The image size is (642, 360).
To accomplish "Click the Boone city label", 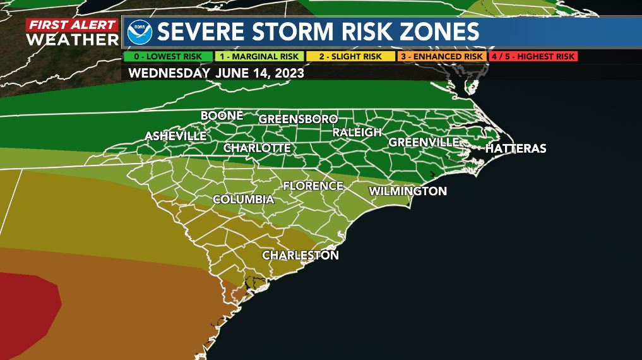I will point(222,116).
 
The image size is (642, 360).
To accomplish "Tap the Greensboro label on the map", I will point(298,119).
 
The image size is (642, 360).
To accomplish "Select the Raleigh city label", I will point(357,133).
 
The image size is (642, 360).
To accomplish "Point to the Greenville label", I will point(424,142).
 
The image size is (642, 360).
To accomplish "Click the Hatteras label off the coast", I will point(515,149).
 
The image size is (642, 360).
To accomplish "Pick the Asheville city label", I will point(175,136).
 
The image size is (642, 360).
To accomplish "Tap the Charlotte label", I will point(257,148).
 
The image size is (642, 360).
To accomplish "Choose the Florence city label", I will point(312,186).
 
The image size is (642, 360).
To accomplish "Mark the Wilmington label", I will point(408,191).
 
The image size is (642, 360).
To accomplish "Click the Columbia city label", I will point(243,200).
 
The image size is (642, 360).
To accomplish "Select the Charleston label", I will point(300,255).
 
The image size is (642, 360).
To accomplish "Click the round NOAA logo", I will point(140,32).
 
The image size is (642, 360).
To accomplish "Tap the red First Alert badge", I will point(72,25).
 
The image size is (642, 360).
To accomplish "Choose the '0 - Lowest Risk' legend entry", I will point(168,56).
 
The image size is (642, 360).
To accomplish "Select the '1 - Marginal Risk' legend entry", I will point(259,56).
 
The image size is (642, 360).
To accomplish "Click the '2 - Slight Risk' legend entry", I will point(351,56).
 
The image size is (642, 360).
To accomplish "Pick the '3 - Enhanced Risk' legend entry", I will point(442,56).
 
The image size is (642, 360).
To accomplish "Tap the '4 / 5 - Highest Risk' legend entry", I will point(533,56).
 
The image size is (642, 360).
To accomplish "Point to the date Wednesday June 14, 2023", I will point(216,73).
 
